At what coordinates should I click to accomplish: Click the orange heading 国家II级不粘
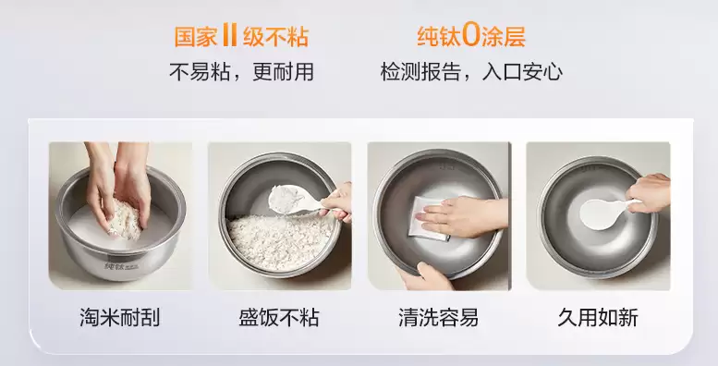241,36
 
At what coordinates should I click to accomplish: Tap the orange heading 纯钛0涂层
470,36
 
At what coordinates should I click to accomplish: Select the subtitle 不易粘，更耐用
241,72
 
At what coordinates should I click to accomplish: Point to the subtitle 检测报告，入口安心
471,72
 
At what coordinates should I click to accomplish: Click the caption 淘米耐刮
120,317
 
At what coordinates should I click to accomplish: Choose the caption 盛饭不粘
279,317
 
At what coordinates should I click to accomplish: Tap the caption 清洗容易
438,317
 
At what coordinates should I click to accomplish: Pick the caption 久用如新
598,317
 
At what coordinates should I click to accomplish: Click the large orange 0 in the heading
470,36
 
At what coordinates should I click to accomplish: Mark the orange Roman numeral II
229,36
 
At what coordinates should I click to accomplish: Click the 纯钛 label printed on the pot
115,265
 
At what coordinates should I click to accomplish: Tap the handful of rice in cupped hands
124,221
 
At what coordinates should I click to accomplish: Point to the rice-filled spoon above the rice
286,199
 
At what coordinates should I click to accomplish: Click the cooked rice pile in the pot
280,239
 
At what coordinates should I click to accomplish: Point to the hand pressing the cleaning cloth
462,216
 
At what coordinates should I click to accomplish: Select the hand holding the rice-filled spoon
337,201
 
